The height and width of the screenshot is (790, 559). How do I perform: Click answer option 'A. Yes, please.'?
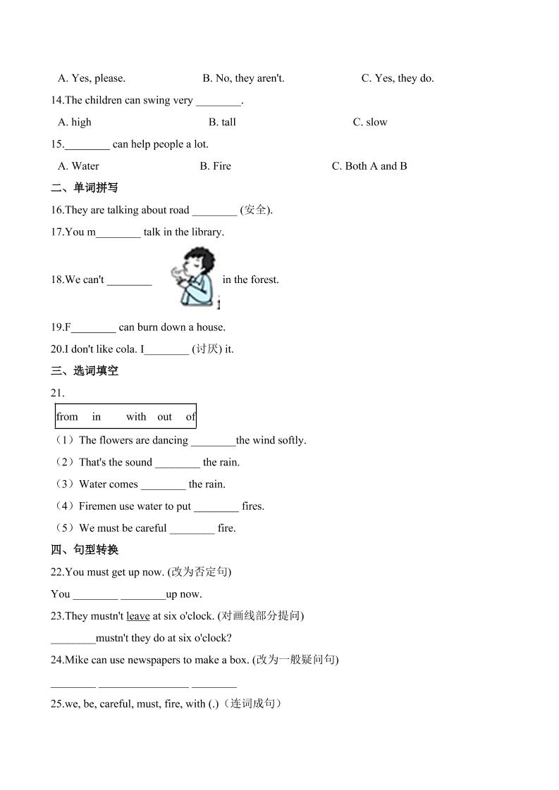(92, 78)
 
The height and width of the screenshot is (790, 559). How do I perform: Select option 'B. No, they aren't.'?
(243, 78)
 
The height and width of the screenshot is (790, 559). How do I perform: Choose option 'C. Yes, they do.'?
(398, 78)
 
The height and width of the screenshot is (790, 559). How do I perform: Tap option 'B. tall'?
(222, 122)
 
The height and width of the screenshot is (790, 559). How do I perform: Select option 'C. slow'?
(370, 122)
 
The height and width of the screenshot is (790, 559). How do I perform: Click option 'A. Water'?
(78, 166)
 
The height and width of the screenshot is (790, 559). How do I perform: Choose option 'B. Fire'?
(215, 166)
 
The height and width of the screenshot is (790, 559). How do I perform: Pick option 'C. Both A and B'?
(369, 166)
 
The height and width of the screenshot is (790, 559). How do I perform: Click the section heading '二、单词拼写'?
(85, 188)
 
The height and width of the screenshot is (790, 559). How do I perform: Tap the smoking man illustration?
(192, 277)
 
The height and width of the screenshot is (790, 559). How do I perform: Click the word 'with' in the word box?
(136, 417)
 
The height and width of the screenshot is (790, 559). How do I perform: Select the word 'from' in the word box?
(67, 417)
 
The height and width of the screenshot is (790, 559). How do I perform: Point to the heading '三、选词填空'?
(85, 371)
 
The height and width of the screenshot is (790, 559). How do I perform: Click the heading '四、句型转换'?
(85, 550)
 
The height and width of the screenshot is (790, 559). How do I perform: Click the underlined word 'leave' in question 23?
(138, 616)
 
